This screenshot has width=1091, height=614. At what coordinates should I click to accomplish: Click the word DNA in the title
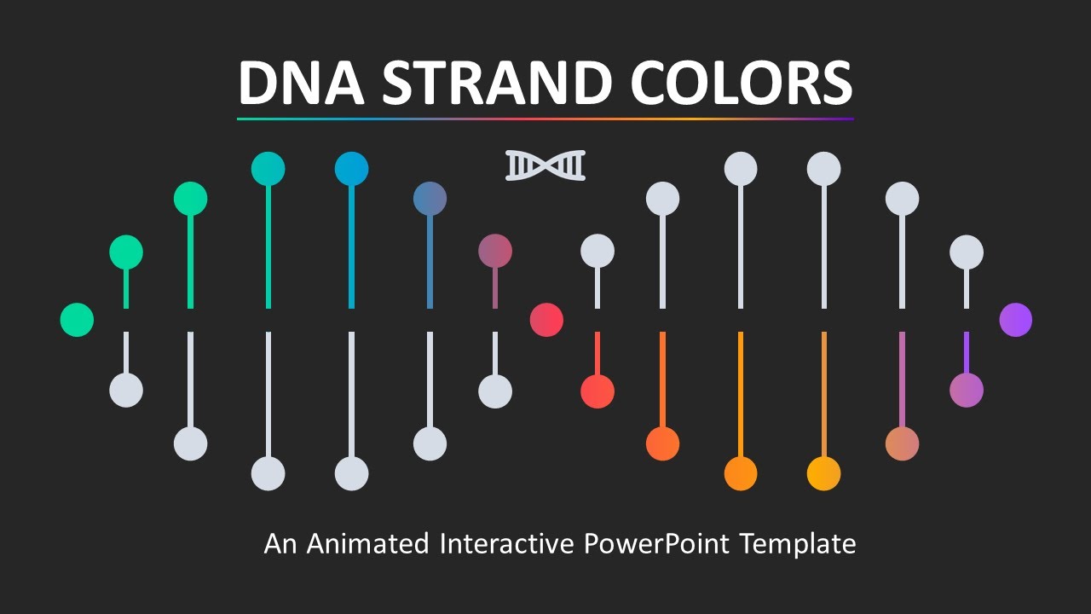[x=302, y=83]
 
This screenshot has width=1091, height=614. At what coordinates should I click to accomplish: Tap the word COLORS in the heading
[x=741, y=83]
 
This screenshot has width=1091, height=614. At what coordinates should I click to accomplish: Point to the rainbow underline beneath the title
[x=545, y=119]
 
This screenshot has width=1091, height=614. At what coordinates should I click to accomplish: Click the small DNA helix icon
[x=545, y=165]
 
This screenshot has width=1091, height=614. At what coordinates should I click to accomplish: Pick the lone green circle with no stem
[x=77, y=320]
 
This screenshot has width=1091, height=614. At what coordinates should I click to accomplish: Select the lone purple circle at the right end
[x=1015, y=320]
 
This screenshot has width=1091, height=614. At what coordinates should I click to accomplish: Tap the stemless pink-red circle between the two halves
[x=546, y=320]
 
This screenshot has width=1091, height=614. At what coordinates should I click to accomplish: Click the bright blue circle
[x=351, y=169]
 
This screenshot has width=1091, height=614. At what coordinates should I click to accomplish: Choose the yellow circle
[x=823, y=473]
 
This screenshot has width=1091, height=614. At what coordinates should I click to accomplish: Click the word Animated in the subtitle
[x=367, y=543]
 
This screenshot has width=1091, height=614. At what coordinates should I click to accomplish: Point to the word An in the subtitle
[x=280, y=543]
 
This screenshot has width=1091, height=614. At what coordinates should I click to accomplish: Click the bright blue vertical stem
[x=351, y=247]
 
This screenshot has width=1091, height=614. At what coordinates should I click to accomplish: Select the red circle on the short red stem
[x=597, y=391]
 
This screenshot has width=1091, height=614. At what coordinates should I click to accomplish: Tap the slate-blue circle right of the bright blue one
[x=430, y=199]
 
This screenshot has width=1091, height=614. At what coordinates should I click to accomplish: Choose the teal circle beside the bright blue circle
[x=268, y=169]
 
